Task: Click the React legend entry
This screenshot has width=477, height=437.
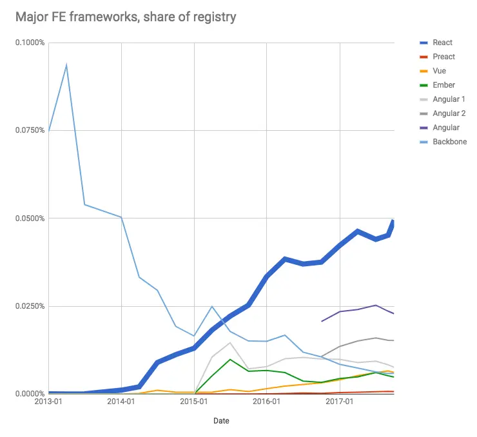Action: pyautogui.click(x=442, y=43)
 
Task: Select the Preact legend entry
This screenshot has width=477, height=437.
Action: pyautogui.click(x=443, y=57)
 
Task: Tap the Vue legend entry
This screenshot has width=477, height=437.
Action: pyautogui.click(x=439, y=71)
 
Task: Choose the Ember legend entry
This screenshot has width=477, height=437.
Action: pyautogui.click(x=443, y=85)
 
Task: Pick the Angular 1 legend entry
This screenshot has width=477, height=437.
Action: pyautogui.click(x=449, y=99)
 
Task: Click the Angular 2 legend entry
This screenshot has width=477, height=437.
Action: pyautogui.click(x=449, y=113)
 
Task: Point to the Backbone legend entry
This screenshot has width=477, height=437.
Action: pyautogui.click(x=449, y=142)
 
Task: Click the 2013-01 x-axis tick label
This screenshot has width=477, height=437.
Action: pyautogui.click(x=48, y=402)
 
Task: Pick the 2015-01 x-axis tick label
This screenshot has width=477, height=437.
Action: pyautogui.click(x=194, y=402)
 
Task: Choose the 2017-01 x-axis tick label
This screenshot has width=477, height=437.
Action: pyautogui.click(x=339, y=402)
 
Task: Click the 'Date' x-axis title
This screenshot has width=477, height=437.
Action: pyautogui.click(x=220, y=421)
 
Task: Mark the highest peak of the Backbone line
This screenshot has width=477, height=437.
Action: pyautogui.click(x=66, y=64)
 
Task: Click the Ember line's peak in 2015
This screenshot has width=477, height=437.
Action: pyautogui.click(x=230, y=359)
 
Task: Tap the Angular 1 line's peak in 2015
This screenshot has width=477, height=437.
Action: pyautogui.click(x=230, y=342)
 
